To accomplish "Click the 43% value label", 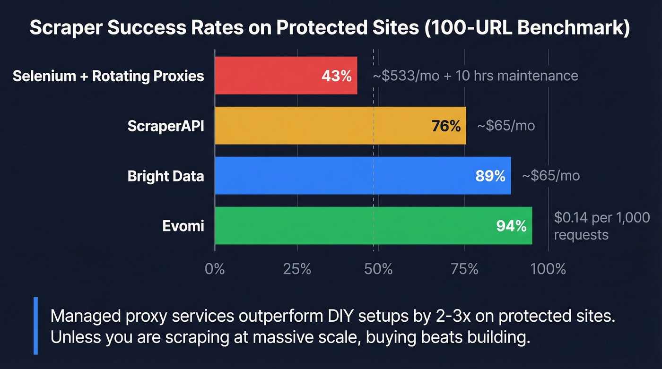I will point(336,76).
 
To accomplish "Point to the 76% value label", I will point(446,126).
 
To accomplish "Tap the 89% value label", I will point(490,176).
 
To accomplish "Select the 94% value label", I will point(511,226).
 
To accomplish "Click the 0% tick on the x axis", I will point(215,269).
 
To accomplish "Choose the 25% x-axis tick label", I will point(297,269).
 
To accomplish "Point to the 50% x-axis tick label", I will point(378,269).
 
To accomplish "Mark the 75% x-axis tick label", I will point(464,269).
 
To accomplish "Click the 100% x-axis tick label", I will point(548,269).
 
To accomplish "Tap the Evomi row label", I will point(183,226).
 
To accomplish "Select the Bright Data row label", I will point(165,176).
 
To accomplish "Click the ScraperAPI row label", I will point(165,126).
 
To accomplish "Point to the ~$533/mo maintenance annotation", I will point(475,76).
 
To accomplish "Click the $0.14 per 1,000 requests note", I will point(595,226).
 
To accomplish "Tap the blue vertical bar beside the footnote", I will point(35,326).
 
